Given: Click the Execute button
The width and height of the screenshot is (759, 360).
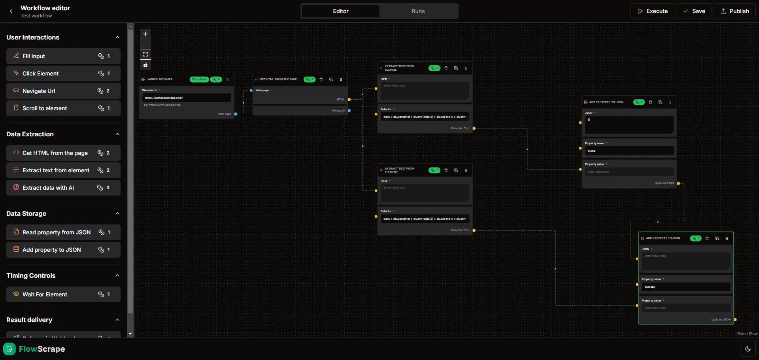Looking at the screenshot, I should [x=652, y=11].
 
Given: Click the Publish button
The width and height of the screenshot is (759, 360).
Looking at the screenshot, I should [x=734, y=11].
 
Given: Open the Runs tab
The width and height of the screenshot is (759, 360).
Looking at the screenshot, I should [x=418, y=11].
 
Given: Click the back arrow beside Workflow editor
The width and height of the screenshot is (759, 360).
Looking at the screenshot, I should [x=11, y=11].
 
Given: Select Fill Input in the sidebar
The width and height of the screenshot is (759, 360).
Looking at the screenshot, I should [x=63, y=56].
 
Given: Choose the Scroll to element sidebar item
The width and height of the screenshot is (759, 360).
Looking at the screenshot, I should [x=63, y=108].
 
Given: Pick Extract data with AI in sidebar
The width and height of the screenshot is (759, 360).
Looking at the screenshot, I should [x=63, y=188].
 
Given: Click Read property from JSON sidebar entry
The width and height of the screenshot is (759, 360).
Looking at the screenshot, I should [x=63, y=232].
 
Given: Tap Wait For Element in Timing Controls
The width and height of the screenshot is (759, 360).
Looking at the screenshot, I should [x=63, y=294].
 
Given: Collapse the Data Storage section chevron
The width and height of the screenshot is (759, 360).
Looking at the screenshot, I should [x=117, y=213].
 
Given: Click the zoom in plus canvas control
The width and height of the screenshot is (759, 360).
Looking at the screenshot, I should [x=145, y=34].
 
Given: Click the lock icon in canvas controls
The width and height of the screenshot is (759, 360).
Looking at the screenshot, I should [x=145, y=65].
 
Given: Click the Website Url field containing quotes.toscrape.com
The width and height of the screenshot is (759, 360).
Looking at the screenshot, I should [x=186, y=98].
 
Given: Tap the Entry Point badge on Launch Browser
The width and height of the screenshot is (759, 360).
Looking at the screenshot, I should [x=199, y=79].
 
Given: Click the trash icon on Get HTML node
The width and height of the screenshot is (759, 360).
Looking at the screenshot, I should [x=321, y=79].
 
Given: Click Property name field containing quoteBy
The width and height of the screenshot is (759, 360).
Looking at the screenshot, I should [x=685, y=287].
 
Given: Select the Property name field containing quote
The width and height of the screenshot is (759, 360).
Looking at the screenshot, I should [x=629, y=151].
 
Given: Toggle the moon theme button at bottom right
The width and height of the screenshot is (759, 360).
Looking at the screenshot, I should [x=748, y=349].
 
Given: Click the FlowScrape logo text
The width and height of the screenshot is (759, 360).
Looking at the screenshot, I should [x=42, y=349].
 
